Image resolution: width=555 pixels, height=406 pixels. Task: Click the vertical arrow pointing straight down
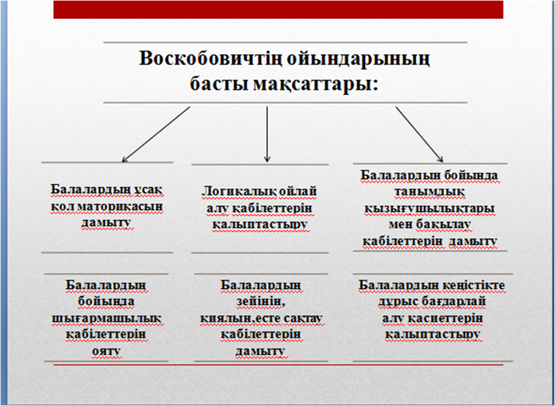pyautogui.click(x=267, y=135)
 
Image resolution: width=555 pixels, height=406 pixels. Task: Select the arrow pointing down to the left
pyautogui.click(x=156, y=135)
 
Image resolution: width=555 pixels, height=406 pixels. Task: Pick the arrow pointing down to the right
pyautogui.click(x=420, y=135)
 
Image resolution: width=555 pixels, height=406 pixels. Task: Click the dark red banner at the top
pyautogui.click(x=278, y=9)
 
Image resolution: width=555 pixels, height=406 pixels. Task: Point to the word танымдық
pyautogui.click(x=429, y=192)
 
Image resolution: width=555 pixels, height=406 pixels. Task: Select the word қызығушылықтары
pyautogui.click(x=429, y=209)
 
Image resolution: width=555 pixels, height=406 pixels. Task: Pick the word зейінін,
pyautogui.click(x=261, y=303)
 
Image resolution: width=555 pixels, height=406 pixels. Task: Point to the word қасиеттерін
pyautogui.click(x=446, y=319)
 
